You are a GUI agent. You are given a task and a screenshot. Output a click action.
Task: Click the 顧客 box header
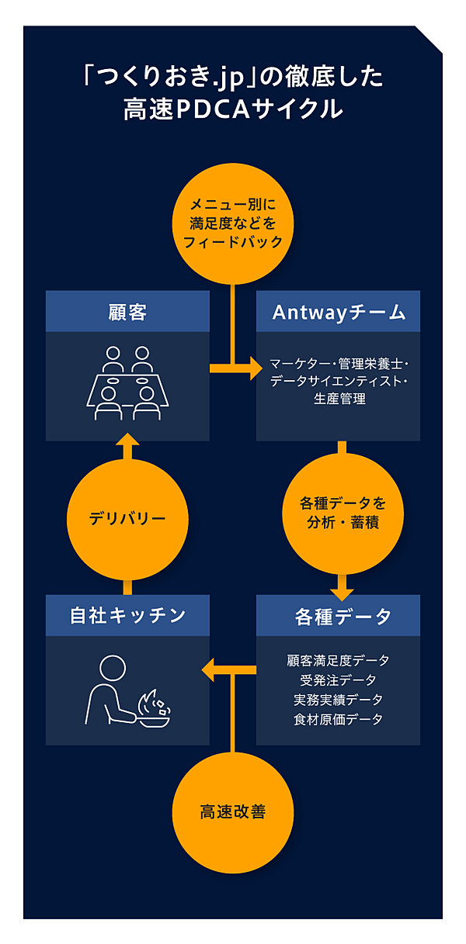(127, 312)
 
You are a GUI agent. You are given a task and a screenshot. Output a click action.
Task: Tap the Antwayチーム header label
(339, 312)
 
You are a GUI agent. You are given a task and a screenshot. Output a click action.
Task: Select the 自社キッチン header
(127, 616)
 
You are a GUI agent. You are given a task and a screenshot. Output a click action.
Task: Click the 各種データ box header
(339, 616)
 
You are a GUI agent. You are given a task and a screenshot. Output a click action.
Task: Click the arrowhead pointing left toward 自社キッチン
(210, 669)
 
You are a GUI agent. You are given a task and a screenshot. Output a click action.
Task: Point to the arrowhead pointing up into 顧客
(127, 444)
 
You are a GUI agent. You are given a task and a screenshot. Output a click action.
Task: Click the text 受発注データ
(338, 680)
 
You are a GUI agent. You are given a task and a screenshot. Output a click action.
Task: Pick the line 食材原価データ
(338, 719)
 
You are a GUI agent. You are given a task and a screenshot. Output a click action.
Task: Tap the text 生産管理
(338, 399)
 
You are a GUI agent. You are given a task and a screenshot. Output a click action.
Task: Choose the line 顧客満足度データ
(338, 661)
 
